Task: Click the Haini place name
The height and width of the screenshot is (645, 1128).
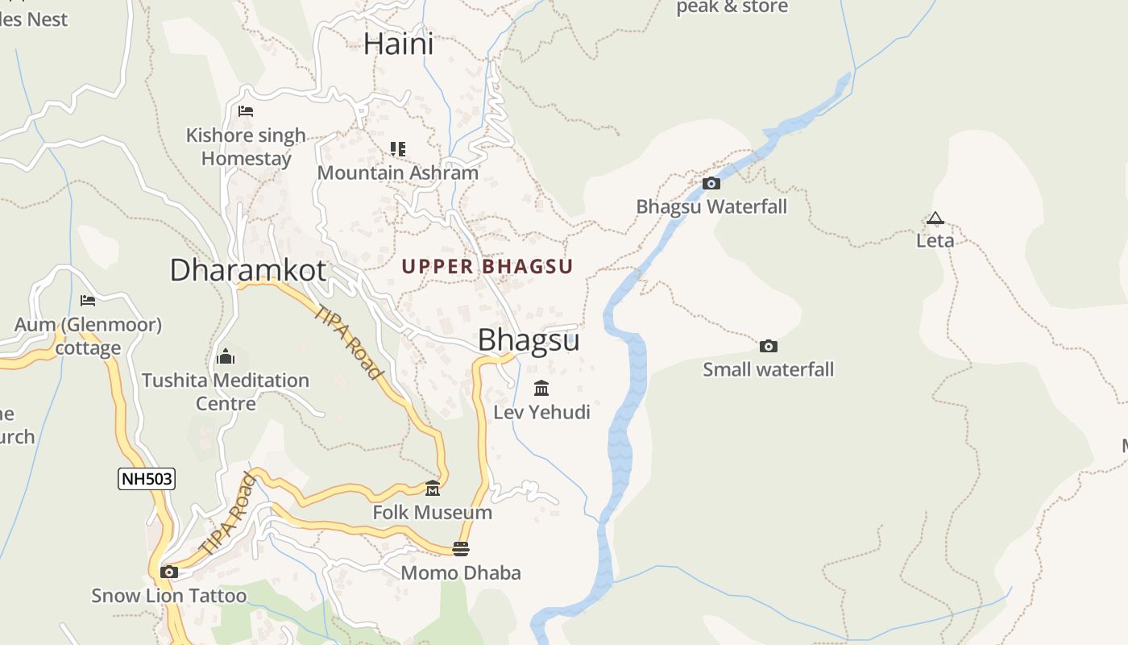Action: pos(398,44)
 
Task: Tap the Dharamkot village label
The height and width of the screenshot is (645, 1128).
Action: pos(248,270)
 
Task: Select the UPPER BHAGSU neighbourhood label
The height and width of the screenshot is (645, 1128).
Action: pos(487,266)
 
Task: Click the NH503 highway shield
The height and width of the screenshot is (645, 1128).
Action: pos(146,479)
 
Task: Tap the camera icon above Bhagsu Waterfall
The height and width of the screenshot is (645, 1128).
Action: pos(711,183)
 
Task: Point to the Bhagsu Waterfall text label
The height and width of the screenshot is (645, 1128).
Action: pos(711,206)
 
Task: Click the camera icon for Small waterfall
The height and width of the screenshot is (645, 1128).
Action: pos(769,346)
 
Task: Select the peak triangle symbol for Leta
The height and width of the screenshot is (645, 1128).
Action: pos(935,218)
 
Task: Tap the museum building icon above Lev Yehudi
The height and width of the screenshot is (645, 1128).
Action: pos(541,389)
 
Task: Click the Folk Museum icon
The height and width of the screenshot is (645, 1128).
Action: pos(433,489)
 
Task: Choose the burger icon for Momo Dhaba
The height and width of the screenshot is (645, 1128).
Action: pos(461,549)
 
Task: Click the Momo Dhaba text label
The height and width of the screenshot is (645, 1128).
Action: pos(461,572)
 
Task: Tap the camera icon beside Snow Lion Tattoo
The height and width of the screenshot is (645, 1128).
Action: pos(169,572)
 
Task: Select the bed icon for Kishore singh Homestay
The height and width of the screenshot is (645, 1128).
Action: pos(246,111)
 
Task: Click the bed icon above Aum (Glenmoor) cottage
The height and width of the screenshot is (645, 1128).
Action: pos(88,301)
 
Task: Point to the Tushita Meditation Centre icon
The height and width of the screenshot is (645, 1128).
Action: pos(226,356)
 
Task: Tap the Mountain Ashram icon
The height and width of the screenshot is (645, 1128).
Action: pos(398,149)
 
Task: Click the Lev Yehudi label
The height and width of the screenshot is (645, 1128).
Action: pos(541,412)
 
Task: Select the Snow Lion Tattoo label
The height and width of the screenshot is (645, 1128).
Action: pos(169,596)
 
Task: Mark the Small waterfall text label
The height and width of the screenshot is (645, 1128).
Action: pos(769,369)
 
